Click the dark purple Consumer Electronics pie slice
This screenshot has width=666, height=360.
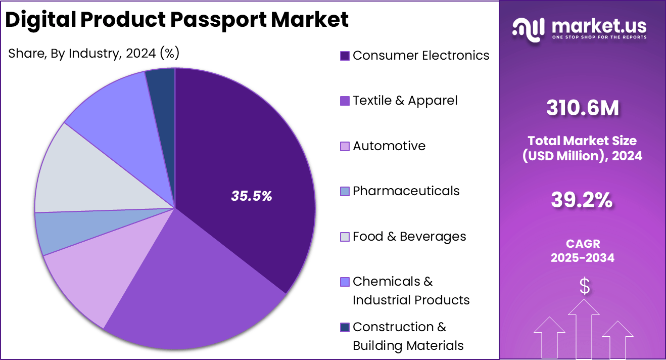(243, 152)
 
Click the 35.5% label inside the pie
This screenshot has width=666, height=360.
(252, 196)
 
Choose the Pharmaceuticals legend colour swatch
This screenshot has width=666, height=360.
(345, 191)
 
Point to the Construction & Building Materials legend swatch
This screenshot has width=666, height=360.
(345, 327)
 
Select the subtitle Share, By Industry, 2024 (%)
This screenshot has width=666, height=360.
(94, 53)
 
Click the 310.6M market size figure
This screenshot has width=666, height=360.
(582, 108)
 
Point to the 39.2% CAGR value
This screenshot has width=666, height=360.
(582, 201)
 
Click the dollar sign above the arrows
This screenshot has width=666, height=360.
(584, 287)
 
